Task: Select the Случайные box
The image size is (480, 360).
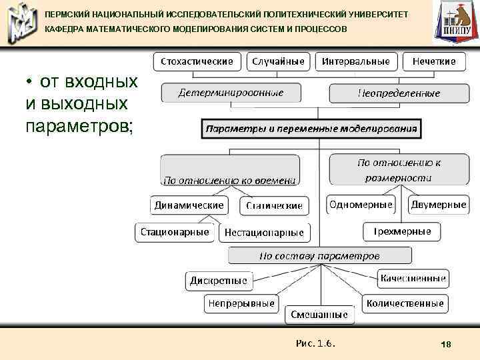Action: point(279,61)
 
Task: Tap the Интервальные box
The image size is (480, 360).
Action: point(356,61)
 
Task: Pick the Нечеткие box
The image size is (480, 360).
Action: point(434,61)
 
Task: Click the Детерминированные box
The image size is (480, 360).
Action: point(231,93)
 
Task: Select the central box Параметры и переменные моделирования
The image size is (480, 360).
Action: point(311,128)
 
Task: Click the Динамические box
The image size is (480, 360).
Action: point(189,205)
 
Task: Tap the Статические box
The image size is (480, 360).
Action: point(274,205)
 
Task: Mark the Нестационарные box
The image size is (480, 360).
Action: point(264,233)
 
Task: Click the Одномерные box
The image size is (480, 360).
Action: point(361,205)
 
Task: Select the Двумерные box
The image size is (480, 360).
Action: point(438,205)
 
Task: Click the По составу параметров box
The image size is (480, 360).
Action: point(319,255)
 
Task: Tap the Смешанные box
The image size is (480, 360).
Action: point(319,313)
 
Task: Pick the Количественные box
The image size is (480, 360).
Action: point(404,303)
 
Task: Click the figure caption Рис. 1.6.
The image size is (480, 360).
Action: point(315,343)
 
